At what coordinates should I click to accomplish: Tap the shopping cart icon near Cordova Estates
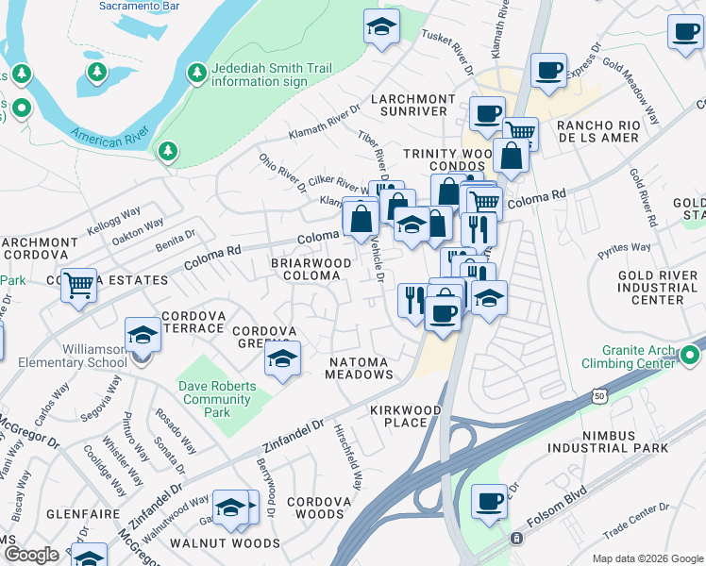pyautogui.click(x=79, y=283)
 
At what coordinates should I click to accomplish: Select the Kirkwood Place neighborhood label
pyautogui.click(x=405, y=417)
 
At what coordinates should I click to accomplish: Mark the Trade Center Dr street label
pyautogui.click(x=629, y=520)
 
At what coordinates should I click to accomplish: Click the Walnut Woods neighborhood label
pyautogui.click(x=225, y=543)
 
